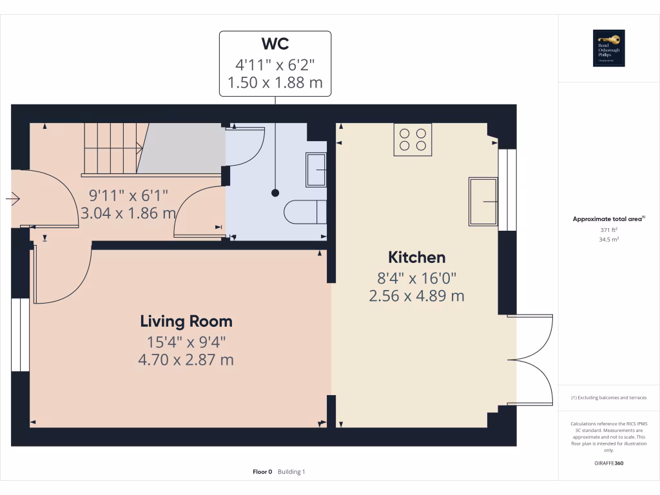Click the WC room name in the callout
pos(275,44)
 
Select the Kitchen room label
pos(416,257)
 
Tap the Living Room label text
pos(186,321)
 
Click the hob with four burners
pos(412,139)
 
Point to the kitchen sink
pos(483,202)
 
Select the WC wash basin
pos(316,170)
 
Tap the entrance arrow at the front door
pos(12,200)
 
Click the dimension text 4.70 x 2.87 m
pos(186,360)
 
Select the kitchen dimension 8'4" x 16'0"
pos(416,278)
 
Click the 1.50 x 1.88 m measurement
pos(275,82)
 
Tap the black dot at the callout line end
pos(275,193)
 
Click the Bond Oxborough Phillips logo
pos(608,48)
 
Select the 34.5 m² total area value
pos(608,239)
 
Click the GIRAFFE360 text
pos(608,463)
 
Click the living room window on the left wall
pos(21,335)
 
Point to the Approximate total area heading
pos(608,219)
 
